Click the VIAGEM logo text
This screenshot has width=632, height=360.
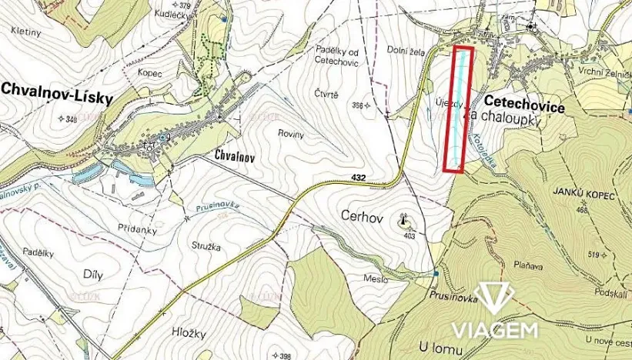point(493,331)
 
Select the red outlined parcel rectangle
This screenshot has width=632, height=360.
point(460,108)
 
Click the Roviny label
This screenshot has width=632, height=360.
point(292,134)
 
